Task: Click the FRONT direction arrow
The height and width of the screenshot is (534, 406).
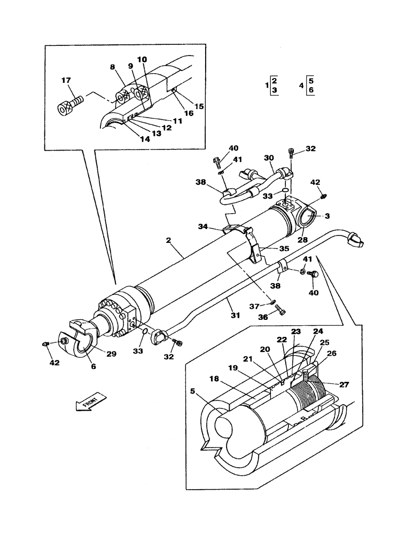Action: click(91, 400)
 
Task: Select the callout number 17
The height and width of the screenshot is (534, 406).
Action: click(66, 81)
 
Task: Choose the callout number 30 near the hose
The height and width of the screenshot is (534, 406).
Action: click(268, 158)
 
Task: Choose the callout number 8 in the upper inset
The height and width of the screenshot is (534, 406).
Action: click(112, 68)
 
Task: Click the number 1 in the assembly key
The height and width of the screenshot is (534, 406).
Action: click(267, 85)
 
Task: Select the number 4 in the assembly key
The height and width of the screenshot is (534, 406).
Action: click(301, 85)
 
